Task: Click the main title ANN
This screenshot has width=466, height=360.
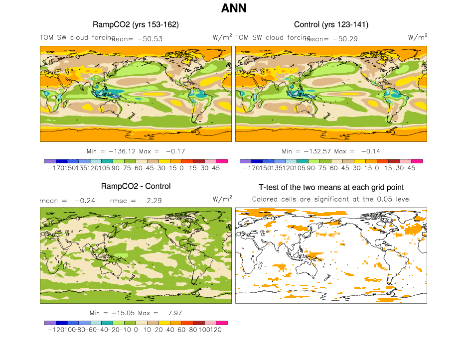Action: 233,8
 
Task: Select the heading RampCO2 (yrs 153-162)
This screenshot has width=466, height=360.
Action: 136,24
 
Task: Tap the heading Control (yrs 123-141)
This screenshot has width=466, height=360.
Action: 331,24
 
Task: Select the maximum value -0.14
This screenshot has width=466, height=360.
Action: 371,151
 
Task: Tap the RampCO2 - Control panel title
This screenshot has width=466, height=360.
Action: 136,186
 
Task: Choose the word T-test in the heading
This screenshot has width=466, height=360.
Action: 271,187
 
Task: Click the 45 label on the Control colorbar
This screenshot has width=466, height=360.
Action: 411,168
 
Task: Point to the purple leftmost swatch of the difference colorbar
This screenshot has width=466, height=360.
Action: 49,323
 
